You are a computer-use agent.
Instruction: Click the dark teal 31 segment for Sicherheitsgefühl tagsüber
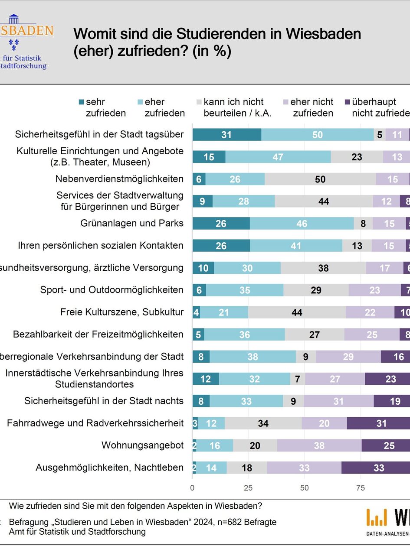[226, 135]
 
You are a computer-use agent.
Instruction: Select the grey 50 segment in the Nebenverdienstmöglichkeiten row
[320, 179]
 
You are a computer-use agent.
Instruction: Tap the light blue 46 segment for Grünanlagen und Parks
[302, 224]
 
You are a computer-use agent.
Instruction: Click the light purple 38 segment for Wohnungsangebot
[319, 445]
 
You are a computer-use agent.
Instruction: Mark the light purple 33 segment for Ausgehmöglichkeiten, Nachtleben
[304, 468]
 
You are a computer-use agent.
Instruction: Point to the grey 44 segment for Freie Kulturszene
[297, 312]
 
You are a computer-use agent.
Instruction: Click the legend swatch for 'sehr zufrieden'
[81, 102]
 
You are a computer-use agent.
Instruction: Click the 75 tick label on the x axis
[360, 487]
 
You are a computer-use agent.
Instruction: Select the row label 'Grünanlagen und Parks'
[132, 223]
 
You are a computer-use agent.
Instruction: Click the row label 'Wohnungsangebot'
[142, 445]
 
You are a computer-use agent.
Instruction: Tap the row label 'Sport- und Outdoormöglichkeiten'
[112, 290]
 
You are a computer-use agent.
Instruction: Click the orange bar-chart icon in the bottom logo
[376, 517]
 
